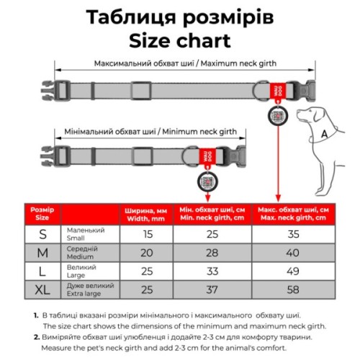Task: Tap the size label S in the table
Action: [43, 234]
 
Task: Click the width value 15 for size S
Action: [147, 234]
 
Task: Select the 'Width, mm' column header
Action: [147, 214]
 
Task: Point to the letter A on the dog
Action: [325, 133]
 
